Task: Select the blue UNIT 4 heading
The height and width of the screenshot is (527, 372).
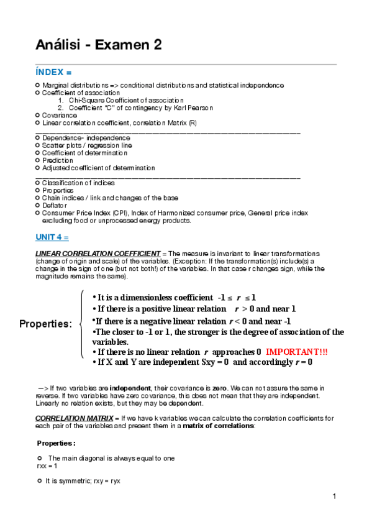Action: [x=52, y=237]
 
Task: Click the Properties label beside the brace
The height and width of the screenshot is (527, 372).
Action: [x=45, y=324]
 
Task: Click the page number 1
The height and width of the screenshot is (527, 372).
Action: [x=333, y=496]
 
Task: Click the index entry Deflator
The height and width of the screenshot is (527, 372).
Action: [x=56, y=205]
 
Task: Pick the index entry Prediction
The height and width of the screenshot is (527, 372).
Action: [x=57, y=160]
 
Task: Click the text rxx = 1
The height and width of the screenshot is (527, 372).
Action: [x=47, y=465]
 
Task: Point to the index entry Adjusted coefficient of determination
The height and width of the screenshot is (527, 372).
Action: [x=98, y=168]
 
